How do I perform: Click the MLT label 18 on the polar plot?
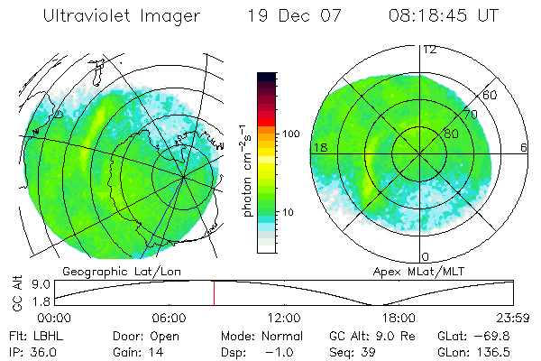[319, 147]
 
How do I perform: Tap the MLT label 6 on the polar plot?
[524, 147]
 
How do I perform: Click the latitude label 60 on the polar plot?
[490, 95]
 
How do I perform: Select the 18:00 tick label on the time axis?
[399, 318]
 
